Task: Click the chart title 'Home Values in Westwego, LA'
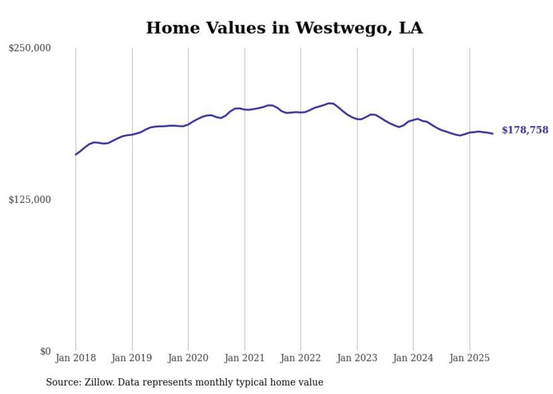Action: (284, 28)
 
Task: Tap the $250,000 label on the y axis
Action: (30, 48)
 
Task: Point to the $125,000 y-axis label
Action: (30, 200)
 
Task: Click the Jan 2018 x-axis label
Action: (76, 358)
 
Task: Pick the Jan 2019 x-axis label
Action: (132, 358)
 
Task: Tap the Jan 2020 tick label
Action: (188, 358)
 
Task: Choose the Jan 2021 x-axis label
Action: (244, 358)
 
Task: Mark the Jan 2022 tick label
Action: (301, 358)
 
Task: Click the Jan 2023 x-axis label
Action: (357, 358)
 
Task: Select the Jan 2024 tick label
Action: (413, 358)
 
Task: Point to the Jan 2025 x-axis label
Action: (469, 358)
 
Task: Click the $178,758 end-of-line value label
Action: (525, 130)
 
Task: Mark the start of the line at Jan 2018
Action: (76, 154)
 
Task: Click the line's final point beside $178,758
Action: (493, 134)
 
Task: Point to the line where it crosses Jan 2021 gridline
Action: (244, 109)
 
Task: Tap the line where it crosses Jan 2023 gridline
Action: (357, 119)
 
